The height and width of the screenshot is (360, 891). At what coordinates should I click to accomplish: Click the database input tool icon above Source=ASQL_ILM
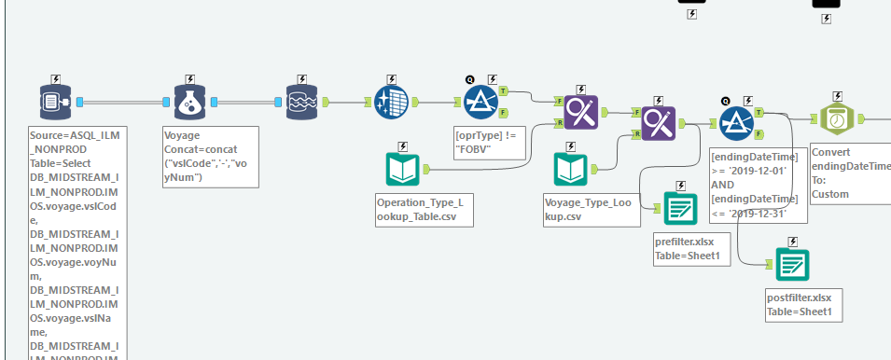point(55,103)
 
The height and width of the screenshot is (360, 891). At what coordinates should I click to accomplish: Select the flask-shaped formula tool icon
point(189,103)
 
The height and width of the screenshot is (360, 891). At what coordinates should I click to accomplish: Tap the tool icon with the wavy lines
point(302,103)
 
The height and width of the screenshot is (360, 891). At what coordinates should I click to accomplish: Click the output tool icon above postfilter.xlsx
point(792,265)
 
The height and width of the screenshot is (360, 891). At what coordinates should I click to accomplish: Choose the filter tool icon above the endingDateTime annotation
point(737,120)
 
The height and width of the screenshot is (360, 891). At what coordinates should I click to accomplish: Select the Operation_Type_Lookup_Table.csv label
point(419,209)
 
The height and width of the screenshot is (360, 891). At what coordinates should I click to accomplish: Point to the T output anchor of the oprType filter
point(504,91)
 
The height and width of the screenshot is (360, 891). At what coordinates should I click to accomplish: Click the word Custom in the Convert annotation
point(830,193)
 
